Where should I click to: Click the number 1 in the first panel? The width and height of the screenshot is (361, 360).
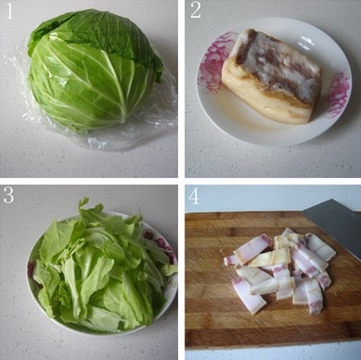pyautogui.click(x=10, y=11)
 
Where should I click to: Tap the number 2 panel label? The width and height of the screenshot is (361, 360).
pyautogui.click(x=196, y=11)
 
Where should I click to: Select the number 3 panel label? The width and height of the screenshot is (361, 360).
pyautogui.click(x=9, y=196)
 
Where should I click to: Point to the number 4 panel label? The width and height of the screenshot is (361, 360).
pyautogui.click(x=194, y=196)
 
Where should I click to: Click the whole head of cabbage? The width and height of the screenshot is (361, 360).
pyautogui.click(x=94, y=70)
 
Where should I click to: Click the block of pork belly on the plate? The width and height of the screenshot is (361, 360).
pyautogui.click(x=271, y=76)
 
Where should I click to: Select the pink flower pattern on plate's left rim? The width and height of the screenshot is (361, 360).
pyautogui.click(x=214, y=63)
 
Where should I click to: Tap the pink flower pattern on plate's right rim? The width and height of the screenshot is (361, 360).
pyautogui.click(x=339, y=94)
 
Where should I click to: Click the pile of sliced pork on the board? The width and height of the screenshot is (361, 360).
pyautogui.click(x=279, y=270)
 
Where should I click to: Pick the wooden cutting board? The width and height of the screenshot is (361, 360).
pyautogui.click(x=273, y=279)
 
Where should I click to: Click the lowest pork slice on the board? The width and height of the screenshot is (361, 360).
pyautogui.click(x=247, y=297)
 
